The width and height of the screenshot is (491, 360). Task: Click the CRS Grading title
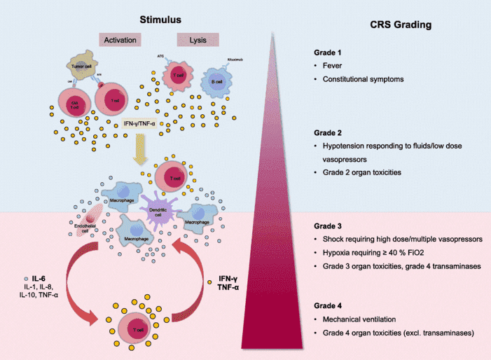(401, 25)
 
